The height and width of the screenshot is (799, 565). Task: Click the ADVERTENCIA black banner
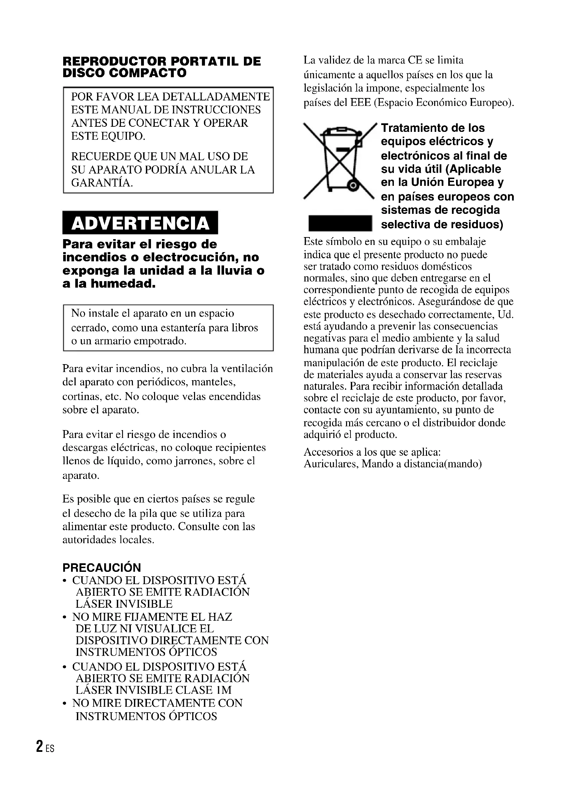point(140,223)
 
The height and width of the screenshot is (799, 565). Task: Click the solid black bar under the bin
point(340,223)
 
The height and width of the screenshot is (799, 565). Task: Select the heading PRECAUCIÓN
point(101,568)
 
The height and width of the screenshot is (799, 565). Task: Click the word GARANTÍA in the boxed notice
point(101,183)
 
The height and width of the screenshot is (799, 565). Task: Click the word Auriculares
point(331,464)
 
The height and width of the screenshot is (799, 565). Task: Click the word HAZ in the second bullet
point(220,617)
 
